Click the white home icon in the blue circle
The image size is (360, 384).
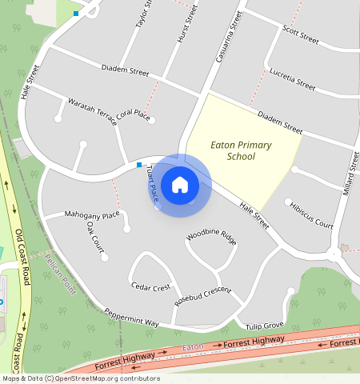(x=180, y=184)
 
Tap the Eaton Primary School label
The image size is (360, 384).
(x=241, y=150)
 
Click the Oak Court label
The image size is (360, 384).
(x=94, y=237)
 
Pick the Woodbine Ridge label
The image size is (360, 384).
(x=211, y=238)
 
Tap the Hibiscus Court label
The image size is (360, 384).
(x=311, y=215)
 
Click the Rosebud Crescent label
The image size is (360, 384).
(x=202, y=295)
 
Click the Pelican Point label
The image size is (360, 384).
(x=59, y=273)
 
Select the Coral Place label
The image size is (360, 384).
(x=133, y=115)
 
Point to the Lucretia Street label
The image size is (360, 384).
(x=292, y=76)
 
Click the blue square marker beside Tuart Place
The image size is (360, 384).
(x=139, y=165)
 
